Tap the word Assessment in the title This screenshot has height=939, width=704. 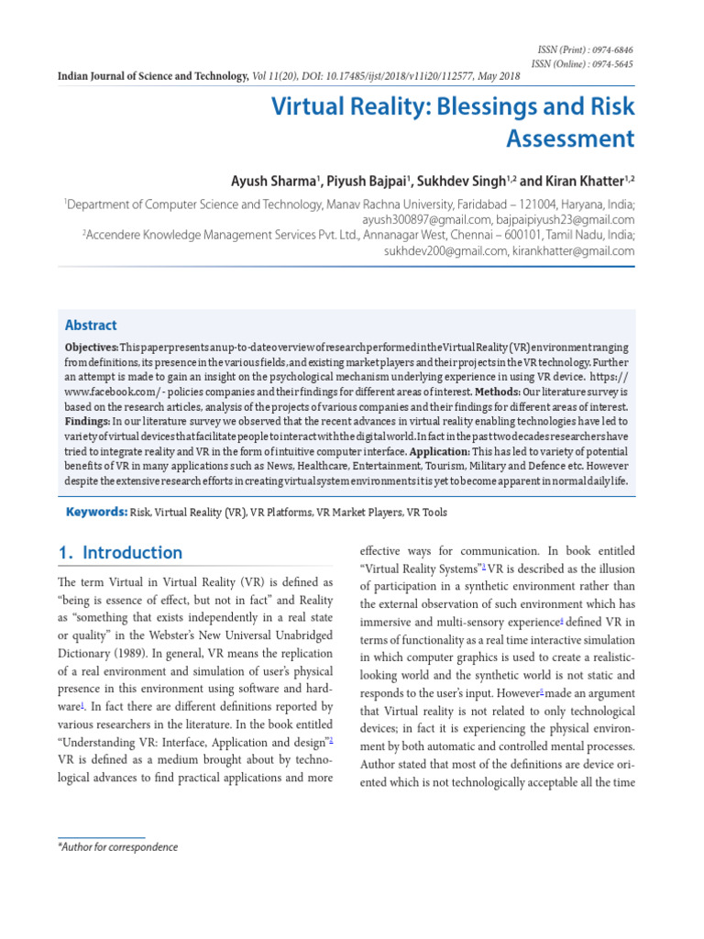pyautogui.click(x=570, y=139)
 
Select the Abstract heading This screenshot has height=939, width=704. pyautogui.click(x=91, y=325)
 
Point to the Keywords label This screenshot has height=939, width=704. pyautogui.click(x=95, y=512)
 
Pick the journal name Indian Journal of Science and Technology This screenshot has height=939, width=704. pyautogui.click(x=152, y=76)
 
